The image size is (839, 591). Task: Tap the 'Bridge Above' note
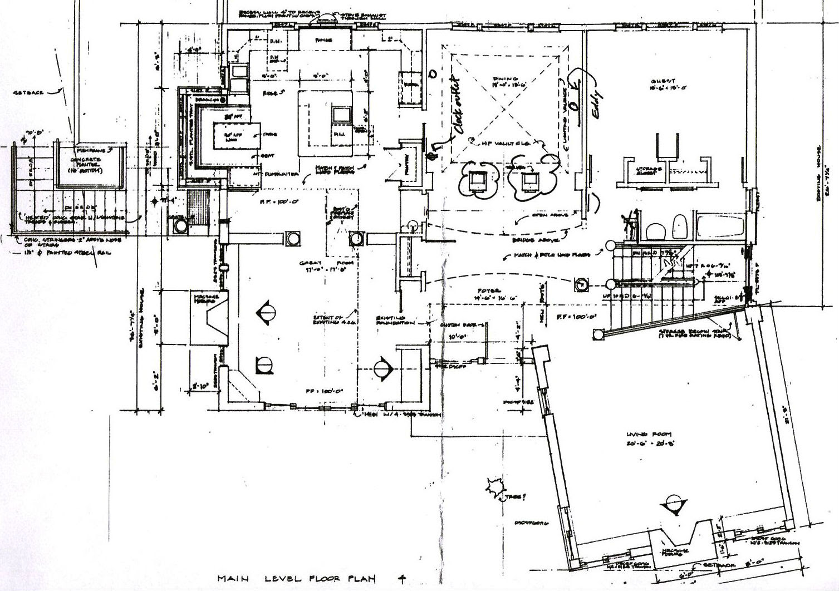point(529,240)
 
